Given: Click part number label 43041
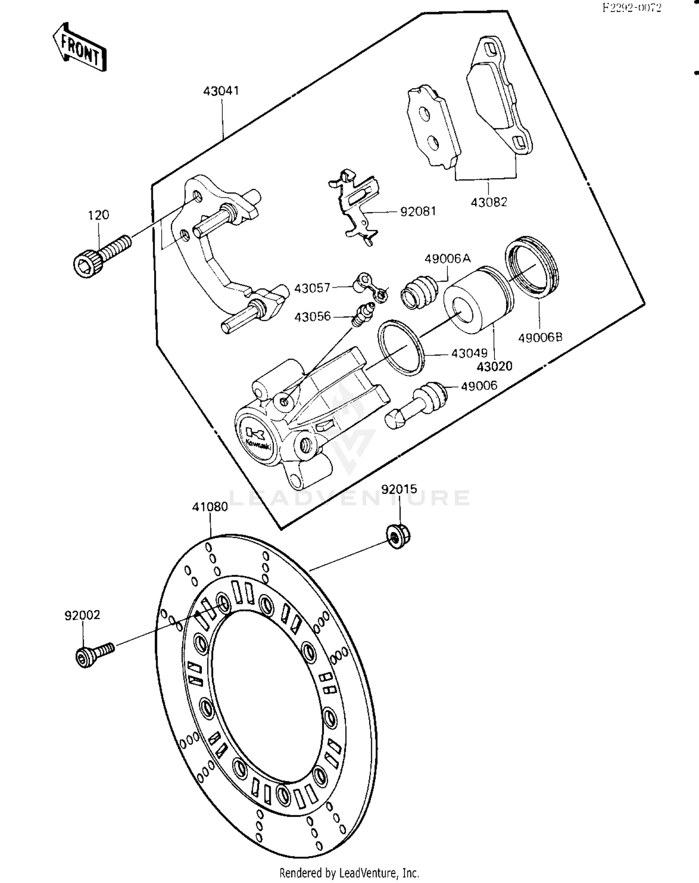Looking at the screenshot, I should click(221, 91).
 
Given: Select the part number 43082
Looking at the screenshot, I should click(488, 202).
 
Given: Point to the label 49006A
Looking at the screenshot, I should click(447, 259).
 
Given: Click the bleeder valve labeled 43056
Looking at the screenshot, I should click(363, 315).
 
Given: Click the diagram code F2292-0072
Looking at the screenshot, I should click(631, 8).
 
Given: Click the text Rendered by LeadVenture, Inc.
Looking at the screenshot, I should click(349, 872).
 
